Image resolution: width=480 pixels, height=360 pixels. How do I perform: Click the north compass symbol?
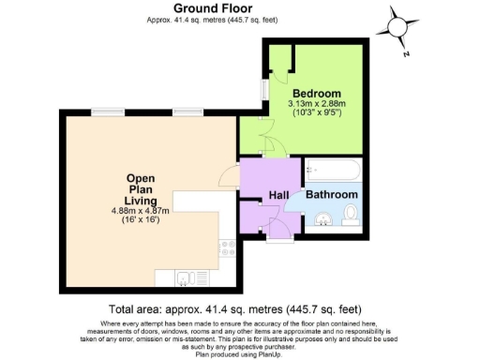coord(400,29)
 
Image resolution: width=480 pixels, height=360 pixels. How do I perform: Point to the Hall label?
coord(278,194)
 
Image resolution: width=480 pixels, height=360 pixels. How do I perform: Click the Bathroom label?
coord(333,194)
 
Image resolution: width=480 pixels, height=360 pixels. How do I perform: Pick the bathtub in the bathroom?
coord(332,171)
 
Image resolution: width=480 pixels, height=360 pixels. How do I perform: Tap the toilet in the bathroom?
coord(351,216)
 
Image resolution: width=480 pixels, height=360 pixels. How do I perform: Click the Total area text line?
coord(234,309)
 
